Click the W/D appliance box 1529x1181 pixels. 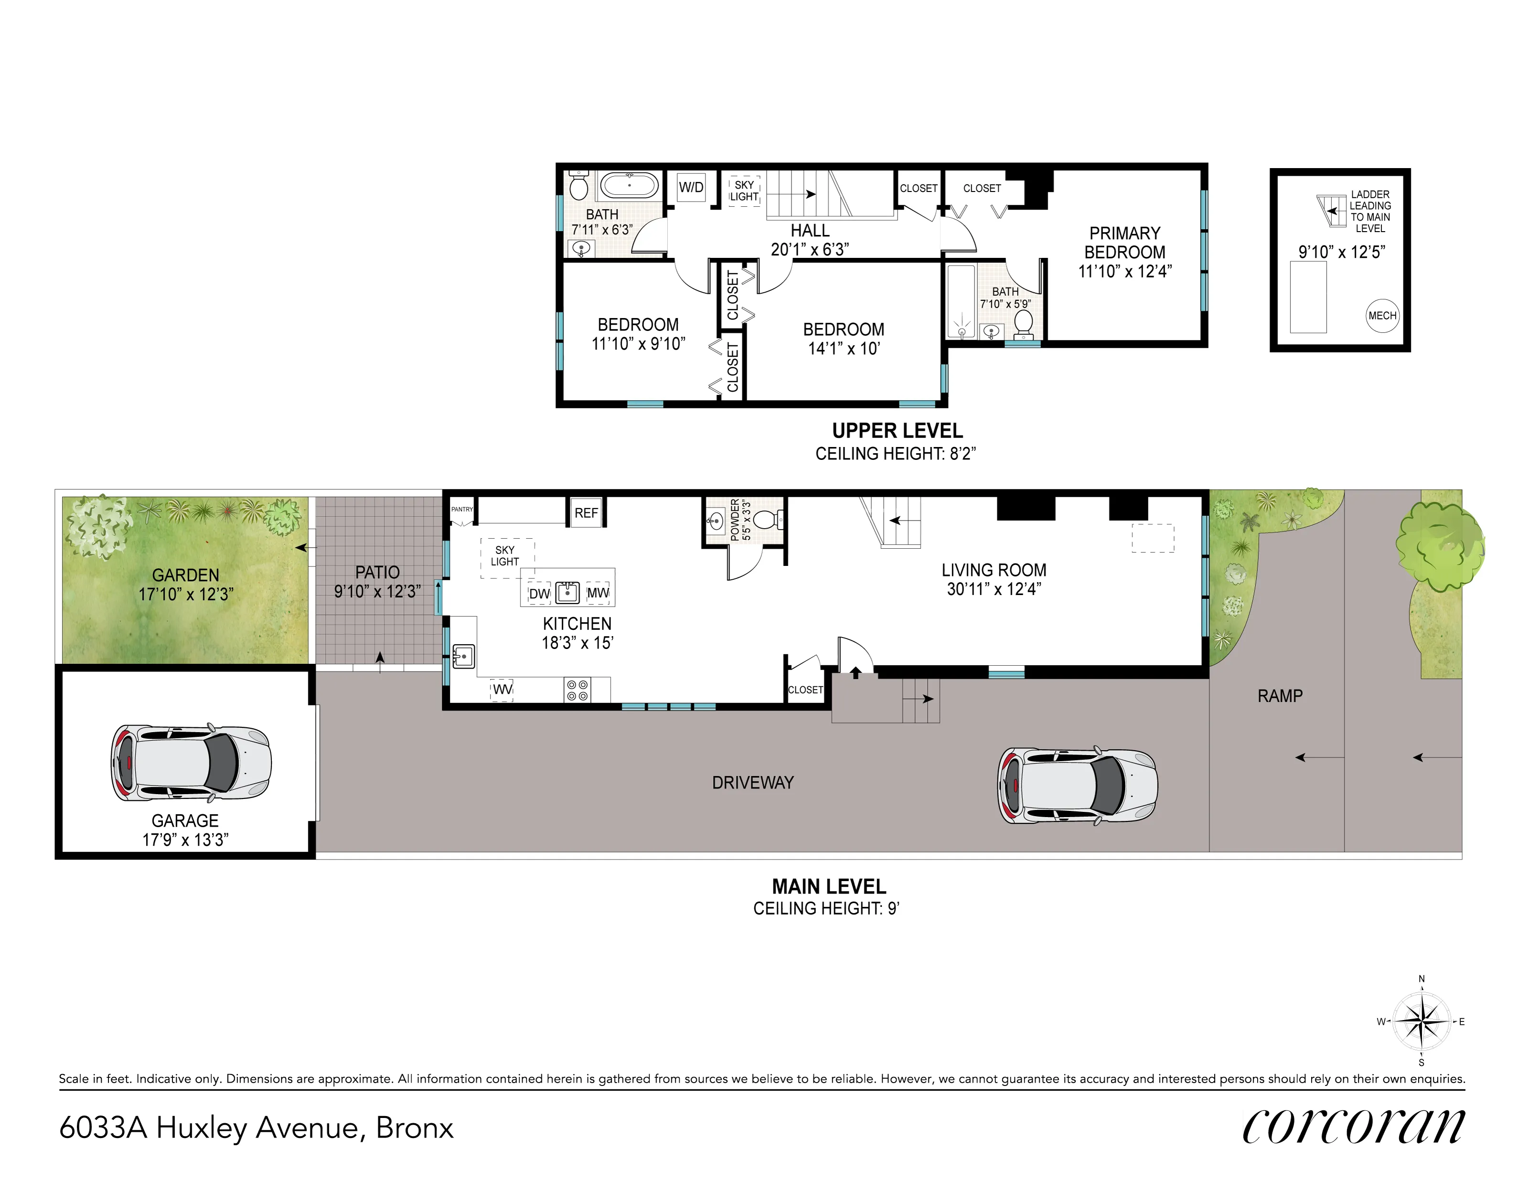pyautogui.click(x=691, y=187)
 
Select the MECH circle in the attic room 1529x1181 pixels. pyautogui.click(x=1381, y=316)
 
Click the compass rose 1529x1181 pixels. pyautogui.click(x=1421, y=1021)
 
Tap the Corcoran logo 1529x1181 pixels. pyautogui.click(x=1353, y=1127)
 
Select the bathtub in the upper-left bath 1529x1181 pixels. pyautogui.click(x=630, y=186)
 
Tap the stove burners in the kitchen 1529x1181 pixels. pyautogui.click(x=577, y=690)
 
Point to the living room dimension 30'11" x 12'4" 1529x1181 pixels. pyautogui.click(x=994, y=589)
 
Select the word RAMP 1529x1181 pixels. pyautogui.click(x=1280, y=696)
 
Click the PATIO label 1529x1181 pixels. pyautogui.click(x=377, y=572)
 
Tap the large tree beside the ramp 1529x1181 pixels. pyautogui.click(x=1439, y=546)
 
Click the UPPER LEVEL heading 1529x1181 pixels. pyautogui.click(x=897, y=431)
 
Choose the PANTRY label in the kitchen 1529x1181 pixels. pyautogui.click(x=461, y=509)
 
